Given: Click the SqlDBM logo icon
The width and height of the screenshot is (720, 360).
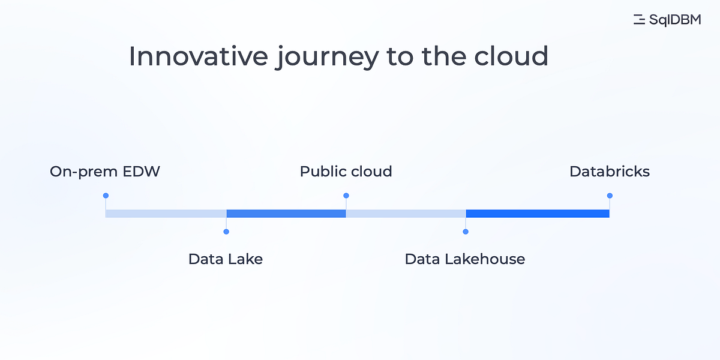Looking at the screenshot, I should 639,20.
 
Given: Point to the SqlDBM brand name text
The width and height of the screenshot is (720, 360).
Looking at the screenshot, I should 675,20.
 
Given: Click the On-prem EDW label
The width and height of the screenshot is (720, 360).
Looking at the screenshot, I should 105,172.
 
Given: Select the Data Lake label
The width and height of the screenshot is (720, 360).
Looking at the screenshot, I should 226,259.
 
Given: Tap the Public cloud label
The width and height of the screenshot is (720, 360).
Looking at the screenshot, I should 346,172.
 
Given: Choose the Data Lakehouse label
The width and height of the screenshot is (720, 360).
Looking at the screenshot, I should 465,259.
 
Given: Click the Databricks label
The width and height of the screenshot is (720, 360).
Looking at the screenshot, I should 610,172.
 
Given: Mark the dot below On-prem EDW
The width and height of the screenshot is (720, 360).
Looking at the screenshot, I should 106,196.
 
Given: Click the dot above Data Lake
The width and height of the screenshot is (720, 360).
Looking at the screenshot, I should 226,232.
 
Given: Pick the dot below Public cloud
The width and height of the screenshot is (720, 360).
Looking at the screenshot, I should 346,196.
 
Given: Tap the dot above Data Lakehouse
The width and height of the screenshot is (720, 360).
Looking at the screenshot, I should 466,232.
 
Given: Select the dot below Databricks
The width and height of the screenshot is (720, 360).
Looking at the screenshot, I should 610,196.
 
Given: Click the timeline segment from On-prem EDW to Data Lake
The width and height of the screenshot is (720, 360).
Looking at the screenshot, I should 166,214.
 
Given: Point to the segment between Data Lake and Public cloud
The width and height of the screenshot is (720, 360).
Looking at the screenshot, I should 286,214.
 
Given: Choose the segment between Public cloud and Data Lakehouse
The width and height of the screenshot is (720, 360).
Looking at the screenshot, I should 406,214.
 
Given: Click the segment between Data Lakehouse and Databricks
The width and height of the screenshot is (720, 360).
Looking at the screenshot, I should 538,214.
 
